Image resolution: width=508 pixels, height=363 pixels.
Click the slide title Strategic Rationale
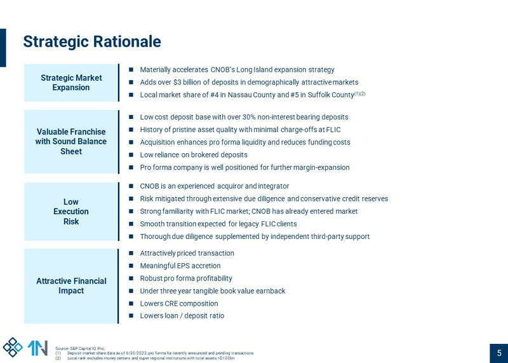(92, 42)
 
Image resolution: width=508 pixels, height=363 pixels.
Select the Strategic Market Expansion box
(71, 83)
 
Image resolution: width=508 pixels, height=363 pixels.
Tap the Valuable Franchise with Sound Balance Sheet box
(71, 142)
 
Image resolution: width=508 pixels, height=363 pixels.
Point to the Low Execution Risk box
(71, 212)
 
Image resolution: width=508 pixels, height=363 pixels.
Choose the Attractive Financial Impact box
(71, 286)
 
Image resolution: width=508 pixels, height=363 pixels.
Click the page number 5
(498, 353)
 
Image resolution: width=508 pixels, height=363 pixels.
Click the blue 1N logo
(37, 348)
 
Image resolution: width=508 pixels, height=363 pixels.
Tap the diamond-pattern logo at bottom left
(13, 347)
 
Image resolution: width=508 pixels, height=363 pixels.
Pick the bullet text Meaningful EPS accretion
(180, 266)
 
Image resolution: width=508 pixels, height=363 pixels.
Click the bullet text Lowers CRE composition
(179, 304)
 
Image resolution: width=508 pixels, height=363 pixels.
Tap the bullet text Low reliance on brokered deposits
(194, 155)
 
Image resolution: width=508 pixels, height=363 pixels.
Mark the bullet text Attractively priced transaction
(187, 253)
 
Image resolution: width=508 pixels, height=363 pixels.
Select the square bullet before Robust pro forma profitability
(131, 278)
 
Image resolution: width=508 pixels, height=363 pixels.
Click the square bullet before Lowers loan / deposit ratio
(131, 316)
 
